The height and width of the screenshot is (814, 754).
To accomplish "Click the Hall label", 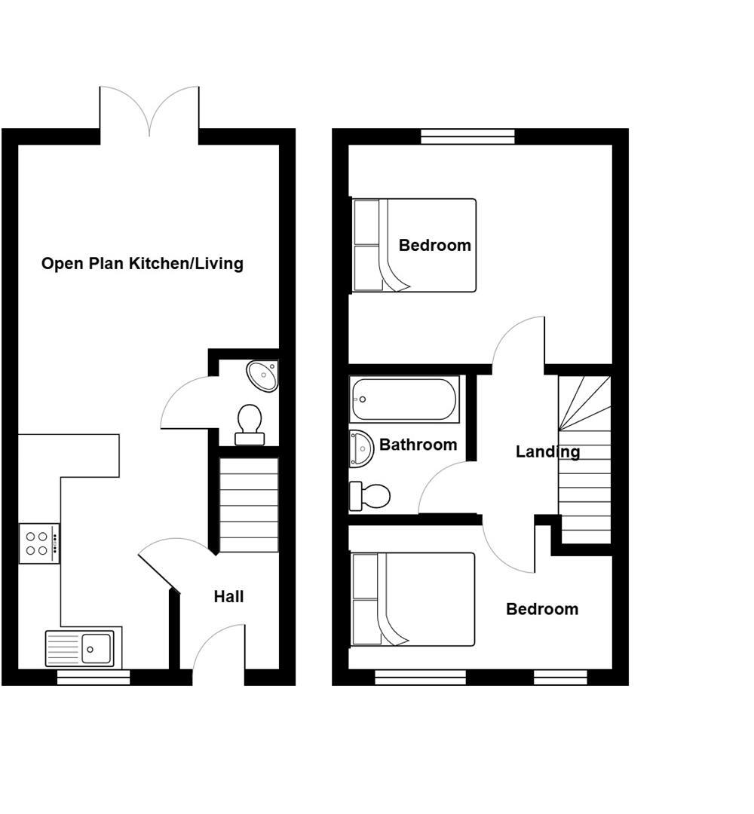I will coord(228,597).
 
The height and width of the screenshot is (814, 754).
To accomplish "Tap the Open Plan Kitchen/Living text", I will coord(142,264).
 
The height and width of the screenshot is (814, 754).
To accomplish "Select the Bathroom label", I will coord(418,445).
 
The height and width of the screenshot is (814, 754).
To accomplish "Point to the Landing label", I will coord(547,451).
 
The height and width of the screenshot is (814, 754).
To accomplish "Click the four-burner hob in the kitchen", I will coord(38,543).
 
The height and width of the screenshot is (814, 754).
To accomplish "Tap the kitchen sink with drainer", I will coord(80,648).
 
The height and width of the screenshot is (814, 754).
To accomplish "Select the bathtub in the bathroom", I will coord(404,399).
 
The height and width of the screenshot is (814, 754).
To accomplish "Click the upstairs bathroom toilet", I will coord(370,496).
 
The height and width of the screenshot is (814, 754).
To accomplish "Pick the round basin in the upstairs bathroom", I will coord(361,449).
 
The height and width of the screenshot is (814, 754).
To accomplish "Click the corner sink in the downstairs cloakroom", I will coord(263,375).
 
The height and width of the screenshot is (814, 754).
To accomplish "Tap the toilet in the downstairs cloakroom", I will coord(250,424).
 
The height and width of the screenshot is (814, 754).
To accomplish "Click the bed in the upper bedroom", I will coord(415,245).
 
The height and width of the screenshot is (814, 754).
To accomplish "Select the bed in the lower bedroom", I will coord(413,599).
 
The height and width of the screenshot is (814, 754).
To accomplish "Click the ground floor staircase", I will coord(249,505).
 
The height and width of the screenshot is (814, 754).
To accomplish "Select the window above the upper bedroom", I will coord(467,136).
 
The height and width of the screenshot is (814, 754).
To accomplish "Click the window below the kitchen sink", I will coord(93,678).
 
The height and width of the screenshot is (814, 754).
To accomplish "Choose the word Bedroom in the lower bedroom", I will coord(542,609).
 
